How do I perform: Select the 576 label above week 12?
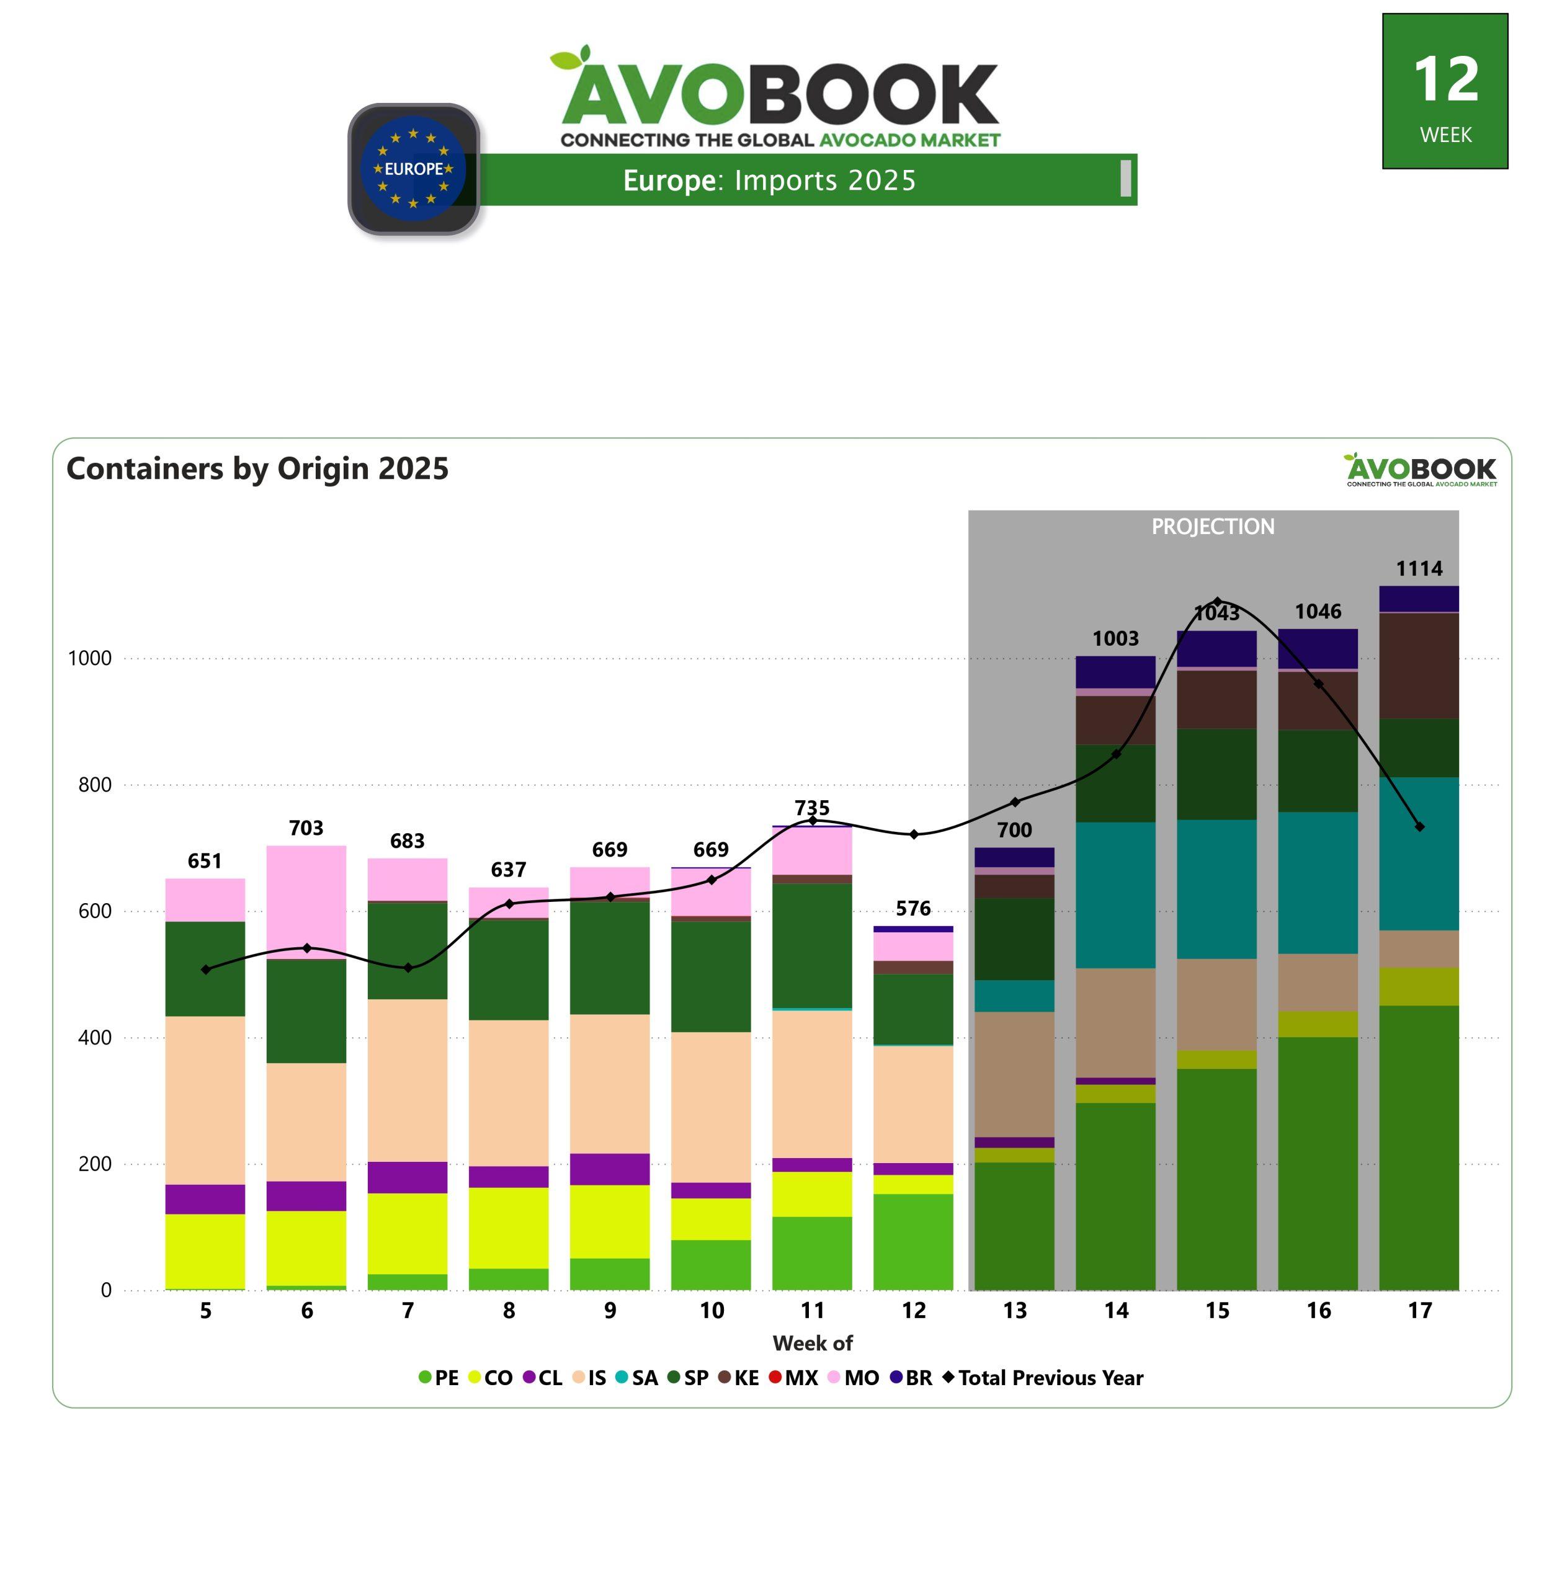pos(913,908)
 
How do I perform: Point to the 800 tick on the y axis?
pos(94,785)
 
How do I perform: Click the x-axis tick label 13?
pos(1015,1311)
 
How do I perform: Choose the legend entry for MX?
pos(793,1378)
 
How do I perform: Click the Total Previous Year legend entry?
pos(1043,1378)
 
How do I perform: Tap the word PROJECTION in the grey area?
pos(1213,527)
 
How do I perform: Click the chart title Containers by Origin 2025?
pos(257,468)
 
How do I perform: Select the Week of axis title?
pos(812,1344)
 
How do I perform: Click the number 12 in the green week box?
pos(1445,81)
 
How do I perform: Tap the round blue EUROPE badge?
pos(414,169)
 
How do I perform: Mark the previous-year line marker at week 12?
pos(914,834)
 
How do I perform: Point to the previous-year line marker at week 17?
pos(1419,827)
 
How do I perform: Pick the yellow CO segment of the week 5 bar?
pos(205,1251)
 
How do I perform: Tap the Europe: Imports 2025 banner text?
pos(769,181)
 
